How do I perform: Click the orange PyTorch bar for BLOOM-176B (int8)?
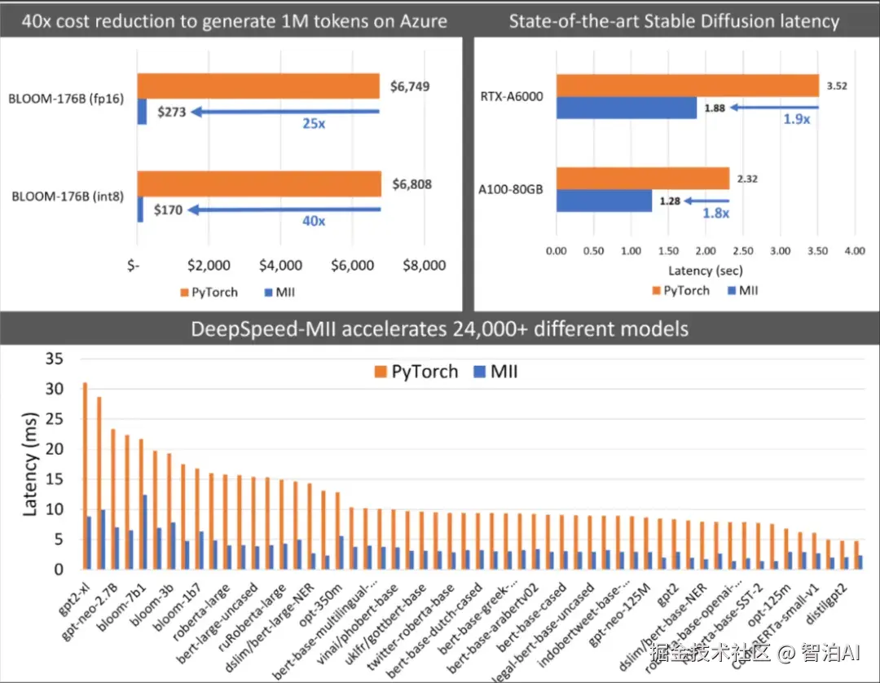point(258,184)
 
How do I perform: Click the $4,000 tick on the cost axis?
point(280,266)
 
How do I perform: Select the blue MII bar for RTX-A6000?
point(627,108)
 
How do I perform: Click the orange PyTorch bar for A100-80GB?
point(643,178)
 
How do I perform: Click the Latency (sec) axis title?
point(705,271)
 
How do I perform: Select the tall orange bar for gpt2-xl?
point(85,475)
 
